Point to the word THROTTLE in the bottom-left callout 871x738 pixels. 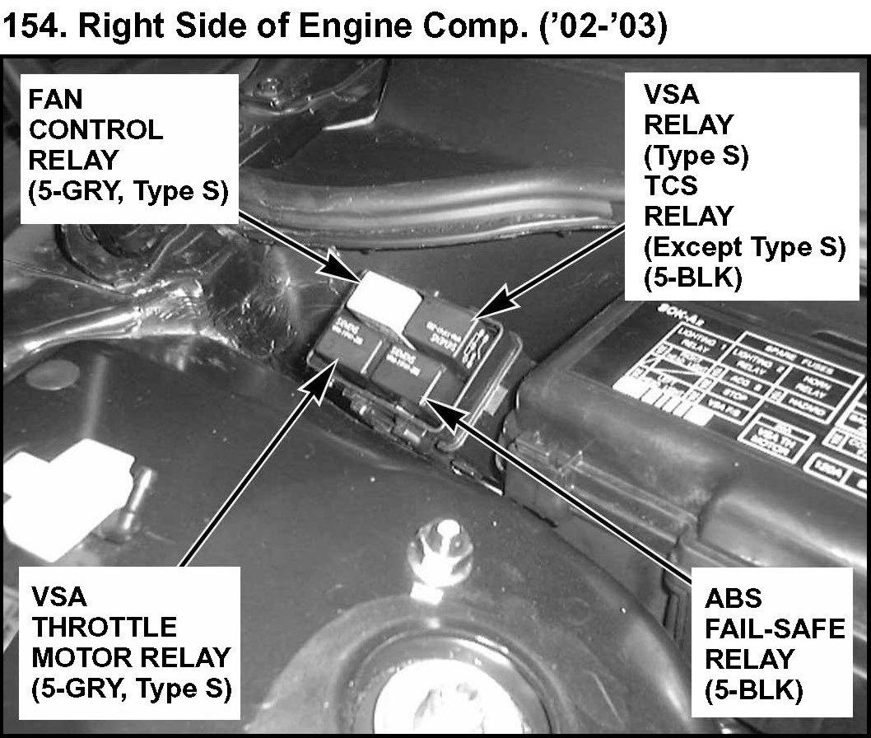click(x=104, y=627)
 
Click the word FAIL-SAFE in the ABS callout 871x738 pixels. click(x=775, y=628)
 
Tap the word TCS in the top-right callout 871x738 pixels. click(x=670, y=186)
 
